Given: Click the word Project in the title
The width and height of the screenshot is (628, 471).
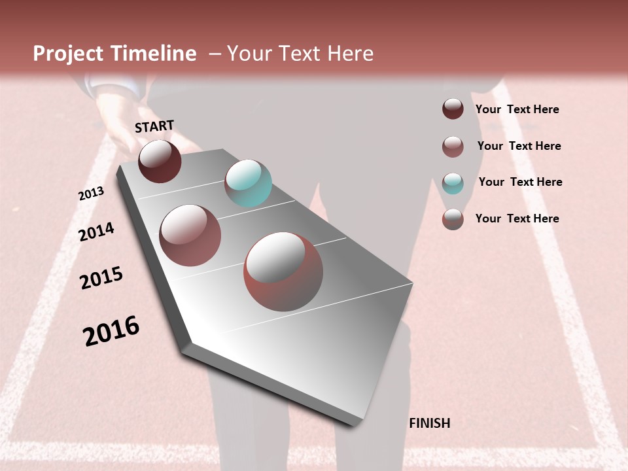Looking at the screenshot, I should tap(68, 54).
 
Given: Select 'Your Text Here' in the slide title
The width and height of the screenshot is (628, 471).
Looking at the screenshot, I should tap(300, 54).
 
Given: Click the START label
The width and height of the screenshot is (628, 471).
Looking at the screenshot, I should tap(154, 126).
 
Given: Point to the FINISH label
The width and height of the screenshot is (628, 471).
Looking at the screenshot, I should tap(429, 423).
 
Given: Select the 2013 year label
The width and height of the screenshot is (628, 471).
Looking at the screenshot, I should tap(91, 194).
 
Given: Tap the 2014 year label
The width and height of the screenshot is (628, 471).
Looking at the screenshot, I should tap(96, 232).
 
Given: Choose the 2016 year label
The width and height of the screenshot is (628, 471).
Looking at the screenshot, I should tap(111, 330).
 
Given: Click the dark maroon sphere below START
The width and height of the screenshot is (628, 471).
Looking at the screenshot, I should tap(160, 161).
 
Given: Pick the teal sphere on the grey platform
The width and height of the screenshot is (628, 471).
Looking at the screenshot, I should tap(248, 183).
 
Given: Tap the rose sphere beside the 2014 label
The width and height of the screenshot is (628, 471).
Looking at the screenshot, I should tap(190, 235).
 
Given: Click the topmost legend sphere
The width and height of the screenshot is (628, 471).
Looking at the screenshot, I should tap(453, 109).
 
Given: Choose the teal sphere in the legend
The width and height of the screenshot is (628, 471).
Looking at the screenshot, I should tap(453, 183).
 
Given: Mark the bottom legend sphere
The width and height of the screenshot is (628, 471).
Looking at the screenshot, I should tap(453, 219).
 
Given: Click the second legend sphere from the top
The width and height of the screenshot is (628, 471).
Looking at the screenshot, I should tap(453, 147).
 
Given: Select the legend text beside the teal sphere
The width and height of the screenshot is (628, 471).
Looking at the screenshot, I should tap(520, 182).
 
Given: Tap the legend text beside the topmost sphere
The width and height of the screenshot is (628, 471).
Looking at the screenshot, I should tap(517, 109).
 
